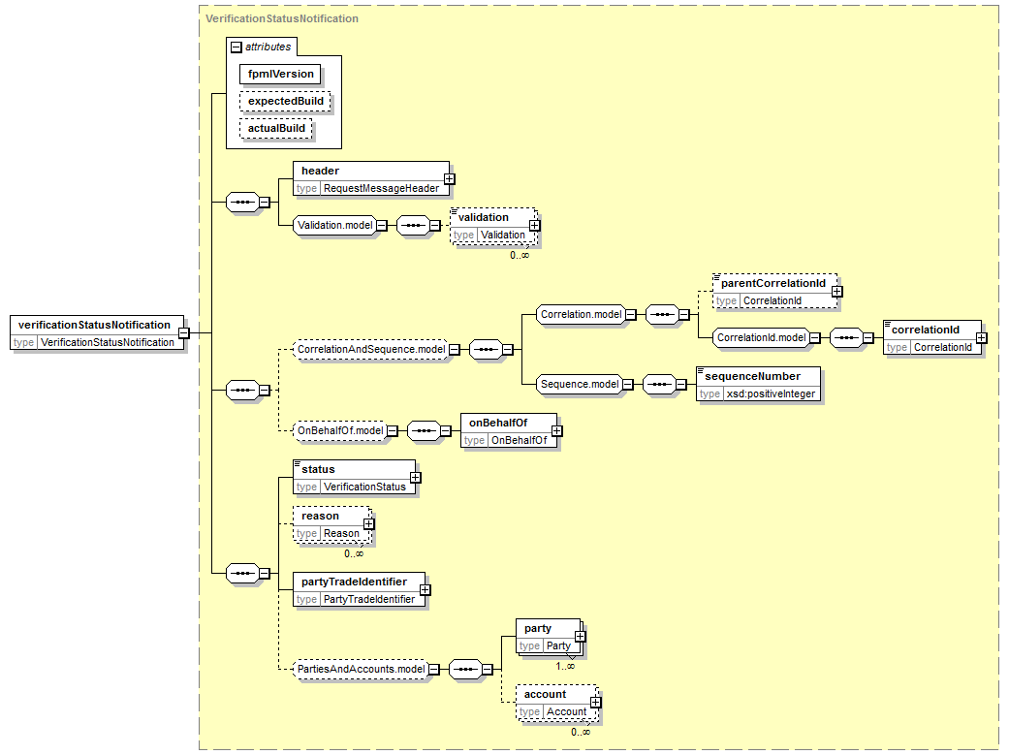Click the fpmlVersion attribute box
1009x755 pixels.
(280, 74)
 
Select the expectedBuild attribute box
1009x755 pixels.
(285, 101)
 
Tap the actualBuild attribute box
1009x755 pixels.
(276, 128)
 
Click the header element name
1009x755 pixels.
(320, 171)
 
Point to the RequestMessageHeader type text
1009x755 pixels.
(381, 189)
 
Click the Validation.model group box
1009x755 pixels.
(334, 225)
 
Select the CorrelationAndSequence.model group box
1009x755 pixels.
(370, 350)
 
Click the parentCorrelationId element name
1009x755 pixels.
(773, 283)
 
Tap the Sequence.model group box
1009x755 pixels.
(580, 384)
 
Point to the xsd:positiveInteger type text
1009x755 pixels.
(771, 393)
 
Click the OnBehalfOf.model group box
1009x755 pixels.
(340, 430)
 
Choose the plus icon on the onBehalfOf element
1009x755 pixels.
(556, 431)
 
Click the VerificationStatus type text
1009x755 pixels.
(364, 488)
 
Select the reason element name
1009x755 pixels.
(320, 517)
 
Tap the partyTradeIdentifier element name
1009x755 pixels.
(354, 582)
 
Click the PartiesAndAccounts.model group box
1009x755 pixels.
(361, 670)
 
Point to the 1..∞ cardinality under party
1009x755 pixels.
(565, 666)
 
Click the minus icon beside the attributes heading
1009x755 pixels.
(236, 47)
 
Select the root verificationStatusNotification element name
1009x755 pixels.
(94, 325)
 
